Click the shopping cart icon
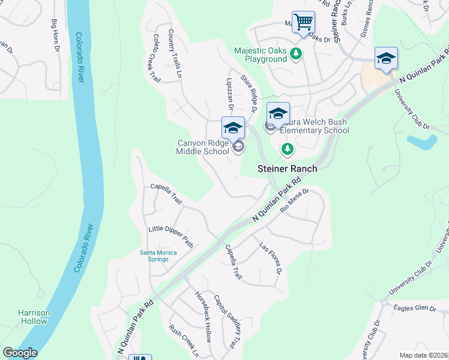[304, 23]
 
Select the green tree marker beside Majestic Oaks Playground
[295, 55]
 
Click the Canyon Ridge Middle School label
[202, 147]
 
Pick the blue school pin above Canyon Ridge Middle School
[233, 128]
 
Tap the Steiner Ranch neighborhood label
[287, 169]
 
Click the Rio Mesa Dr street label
[294, 202]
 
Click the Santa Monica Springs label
[158, 256]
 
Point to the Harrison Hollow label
[33, 317]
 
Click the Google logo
[20, 353]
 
